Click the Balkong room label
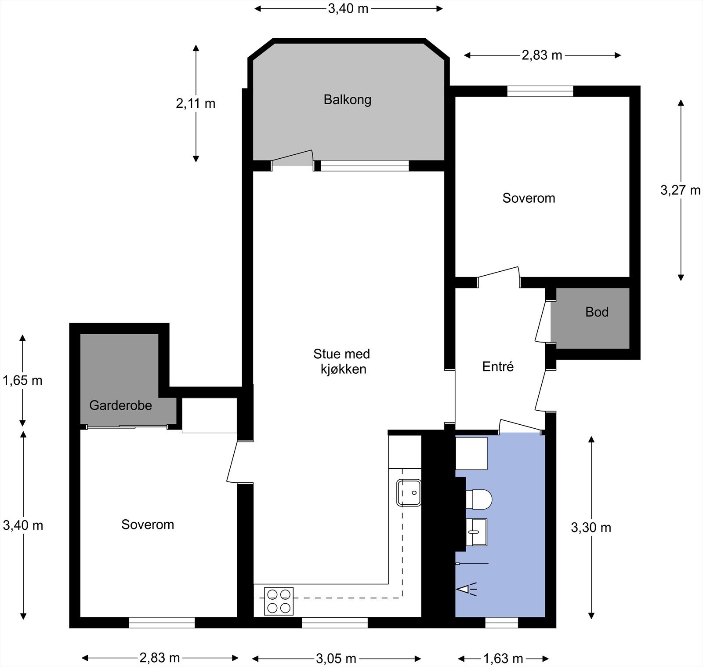click(x=347, y=100)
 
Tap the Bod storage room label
click(x=597, y=312)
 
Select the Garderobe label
click(x=120, y=405)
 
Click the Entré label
click(x=498, y=366)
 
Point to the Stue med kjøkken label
click(x=342, y=361)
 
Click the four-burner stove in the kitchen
click(x=279, y=601)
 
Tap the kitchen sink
click(x=409, y=493)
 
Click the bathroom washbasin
click(x=476, y=532)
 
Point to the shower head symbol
click(x=467, y=589)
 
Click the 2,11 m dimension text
click(x=196, y=103)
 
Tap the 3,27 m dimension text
click(x=680, y=190)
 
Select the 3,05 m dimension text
click(x=336, y=658)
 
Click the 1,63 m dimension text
click(x=503, y=658)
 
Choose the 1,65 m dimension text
click(x=22, y=380)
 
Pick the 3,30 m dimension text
click(x=591, y=528)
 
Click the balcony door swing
click(x=293, y=158)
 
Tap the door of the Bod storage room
click(x=543, y=321)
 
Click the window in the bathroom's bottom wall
click(x=502, y=623)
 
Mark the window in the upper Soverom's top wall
click(x=540, y=91)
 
